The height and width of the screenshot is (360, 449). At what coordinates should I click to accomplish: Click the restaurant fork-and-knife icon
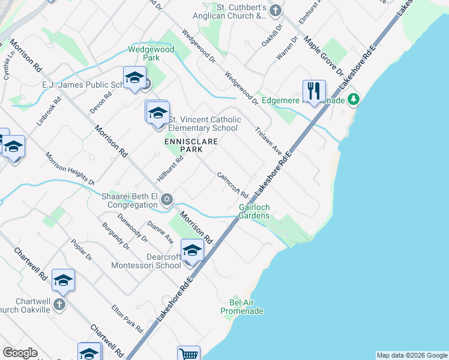tap(314, 91)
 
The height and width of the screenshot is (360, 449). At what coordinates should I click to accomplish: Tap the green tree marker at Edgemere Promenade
tap(354, 98)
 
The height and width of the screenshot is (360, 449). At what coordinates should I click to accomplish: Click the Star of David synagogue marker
tap(167, 199)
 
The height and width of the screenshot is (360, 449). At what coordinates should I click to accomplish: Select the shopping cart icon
tap(188, 354)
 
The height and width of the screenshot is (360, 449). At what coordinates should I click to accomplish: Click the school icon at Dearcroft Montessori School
tap(192, 250)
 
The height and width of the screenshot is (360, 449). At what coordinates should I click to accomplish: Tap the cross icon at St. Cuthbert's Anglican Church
tap(275, 10)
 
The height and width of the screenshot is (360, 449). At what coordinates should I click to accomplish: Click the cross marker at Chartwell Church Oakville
tap(59, 304)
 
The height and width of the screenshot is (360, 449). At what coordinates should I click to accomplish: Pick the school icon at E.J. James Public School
tap(135, 77)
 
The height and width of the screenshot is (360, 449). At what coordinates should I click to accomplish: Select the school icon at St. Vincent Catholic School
tap(158, 112)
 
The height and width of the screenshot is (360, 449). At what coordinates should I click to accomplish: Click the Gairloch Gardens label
tap(255, 211)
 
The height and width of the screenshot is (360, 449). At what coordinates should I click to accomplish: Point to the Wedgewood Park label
tap(151, 54)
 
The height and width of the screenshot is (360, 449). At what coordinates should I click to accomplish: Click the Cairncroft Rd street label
tap(233, 186)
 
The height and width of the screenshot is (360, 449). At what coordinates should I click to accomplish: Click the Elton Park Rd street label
tap(127, 319)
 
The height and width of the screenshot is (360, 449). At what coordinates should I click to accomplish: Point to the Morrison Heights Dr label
tap(70, 168)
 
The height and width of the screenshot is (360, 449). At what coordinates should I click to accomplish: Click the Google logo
tap(20, 353)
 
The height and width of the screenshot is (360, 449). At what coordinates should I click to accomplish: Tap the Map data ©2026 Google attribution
tap(412, 355)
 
